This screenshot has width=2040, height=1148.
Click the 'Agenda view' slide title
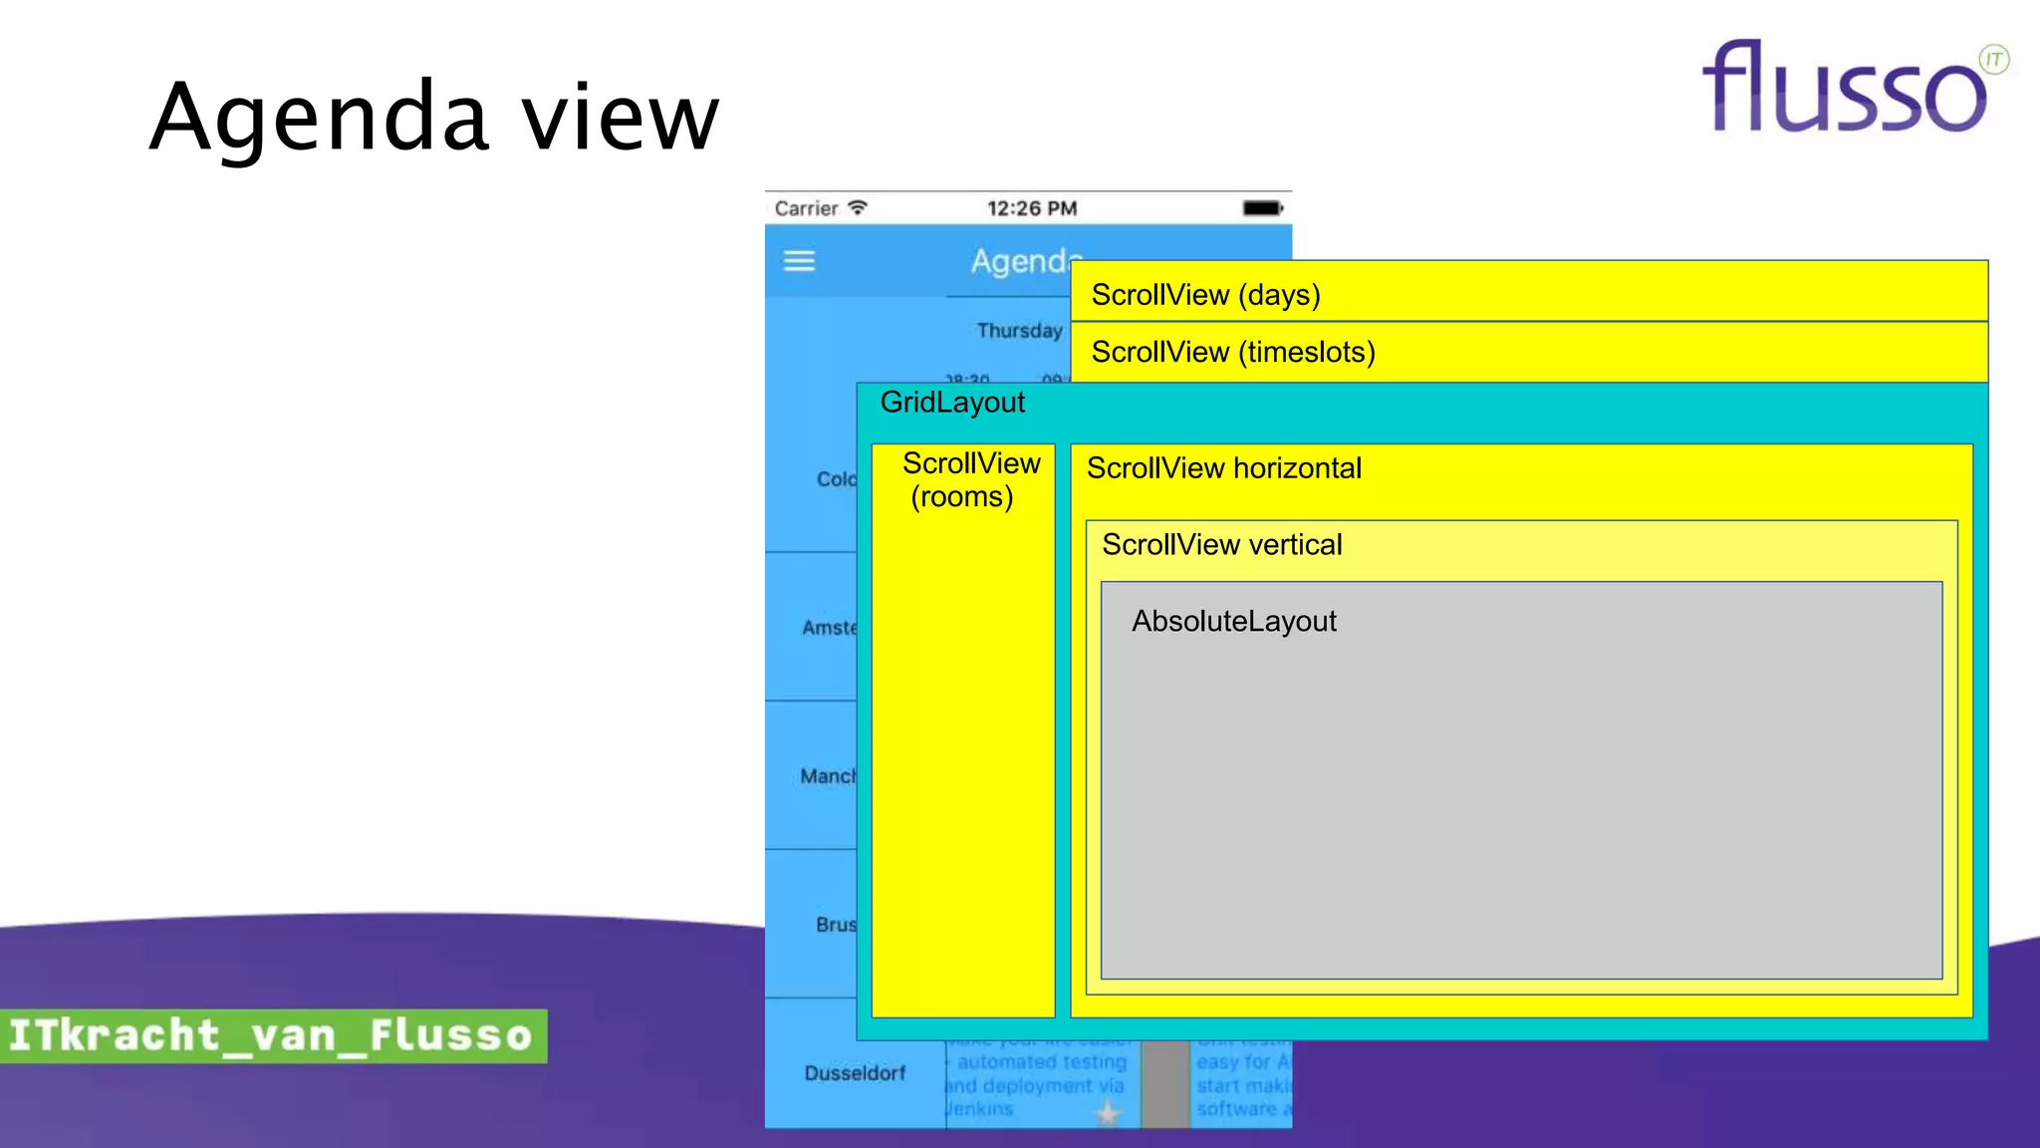tap(434, 118)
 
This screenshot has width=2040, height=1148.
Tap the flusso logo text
tap(1843, 90)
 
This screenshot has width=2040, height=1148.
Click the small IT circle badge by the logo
tap(1993, 60)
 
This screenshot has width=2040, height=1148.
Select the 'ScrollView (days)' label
tap(1205, 295)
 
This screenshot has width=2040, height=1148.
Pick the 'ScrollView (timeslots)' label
tap(1232, 352)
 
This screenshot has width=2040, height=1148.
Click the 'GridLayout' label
tap(952, 403)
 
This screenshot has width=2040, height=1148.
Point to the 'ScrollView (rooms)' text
tap(963, 480)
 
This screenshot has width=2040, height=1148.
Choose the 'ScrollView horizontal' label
tap(1223, 468)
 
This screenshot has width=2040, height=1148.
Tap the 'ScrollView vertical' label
tap(1221, 545)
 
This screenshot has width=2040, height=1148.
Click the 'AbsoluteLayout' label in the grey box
tap(1233, 622)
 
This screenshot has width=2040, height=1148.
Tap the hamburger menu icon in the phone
tap(799, 261)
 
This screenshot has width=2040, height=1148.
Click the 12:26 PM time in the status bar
tap(1032, 208)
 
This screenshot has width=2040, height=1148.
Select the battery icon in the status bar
tap(1262, 208)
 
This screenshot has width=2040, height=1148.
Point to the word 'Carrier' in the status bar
tap(806, 208)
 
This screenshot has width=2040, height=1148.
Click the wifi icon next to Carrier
tap(858, 207)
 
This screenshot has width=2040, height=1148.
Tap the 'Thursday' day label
tap(1018, 331)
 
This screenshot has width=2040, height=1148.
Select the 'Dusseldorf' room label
tap(855, 1073)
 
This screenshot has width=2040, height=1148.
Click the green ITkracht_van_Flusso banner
tap(272, 1035)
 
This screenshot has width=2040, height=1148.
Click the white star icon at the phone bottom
tap(1107, 1113)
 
